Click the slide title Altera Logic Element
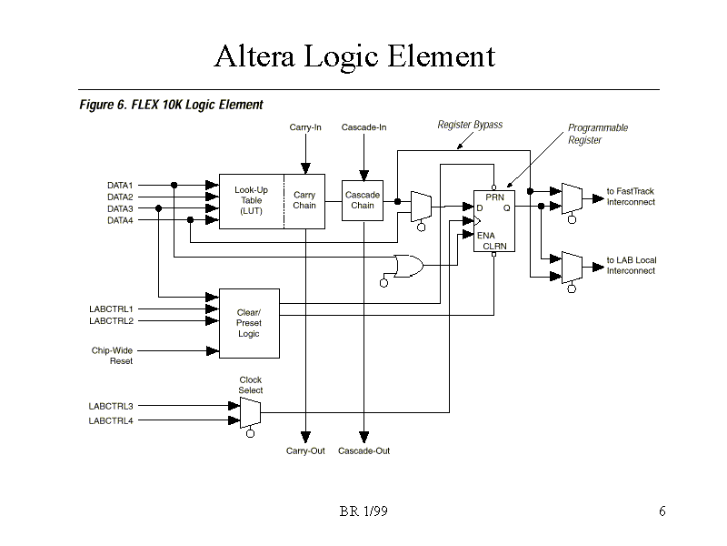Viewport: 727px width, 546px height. point(354,57)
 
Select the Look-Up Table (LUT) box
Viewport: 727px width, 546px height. point(251,200)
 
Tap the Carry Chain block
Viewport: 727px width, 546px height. point(304,200)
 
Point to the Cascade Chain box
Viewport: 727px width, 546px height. point(362,200)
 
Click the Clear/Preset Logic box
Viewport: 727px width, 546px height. point(249,323)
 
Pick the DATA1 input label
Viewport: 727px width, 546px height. point(120,186)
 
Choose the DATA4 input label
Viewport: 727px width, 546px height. point(120,220)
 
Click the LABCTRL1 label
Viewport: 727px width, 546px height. point(111,309)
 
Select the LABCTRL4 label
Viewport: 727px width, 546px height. point(111,420)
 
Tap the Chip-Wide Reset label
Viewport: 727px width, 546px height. point(113,356)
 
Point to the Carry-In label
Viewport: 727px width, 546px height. point(305,127)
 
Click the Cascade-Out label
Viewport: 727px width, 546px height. point(363,451)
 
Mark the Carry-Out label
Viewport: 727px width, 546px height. point(305,451)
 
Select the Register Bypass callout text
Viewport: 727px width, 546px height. point(470,125)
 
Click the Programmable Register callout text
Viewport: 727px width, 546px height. point(598,134)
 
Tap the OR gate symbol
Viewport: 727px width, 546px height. point(405,266)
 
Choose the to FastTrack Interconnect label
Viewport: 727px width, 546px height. point(631,197)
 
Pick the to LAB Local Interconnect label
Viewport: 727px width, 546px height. point(632,266)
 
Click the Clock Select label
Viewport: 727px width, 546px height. point(251,385)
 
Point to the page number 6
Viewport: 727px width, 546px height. point(662,511)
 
